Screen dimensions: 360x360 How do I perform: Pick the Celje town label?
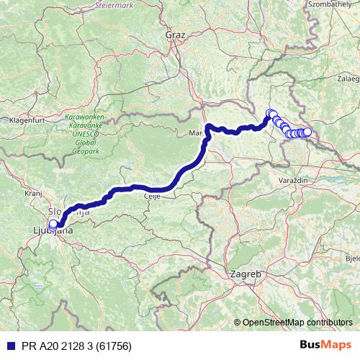[151, 198]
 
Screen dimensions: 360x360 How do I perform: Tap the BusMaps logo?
[326, 345]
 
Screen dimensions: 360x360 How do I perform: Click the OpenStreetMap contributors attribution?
[296, 323]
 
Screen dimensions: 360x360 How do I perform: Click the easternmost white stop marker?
[307, 132]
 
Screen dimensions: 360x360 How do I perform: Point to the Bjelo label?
[352, 257]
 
